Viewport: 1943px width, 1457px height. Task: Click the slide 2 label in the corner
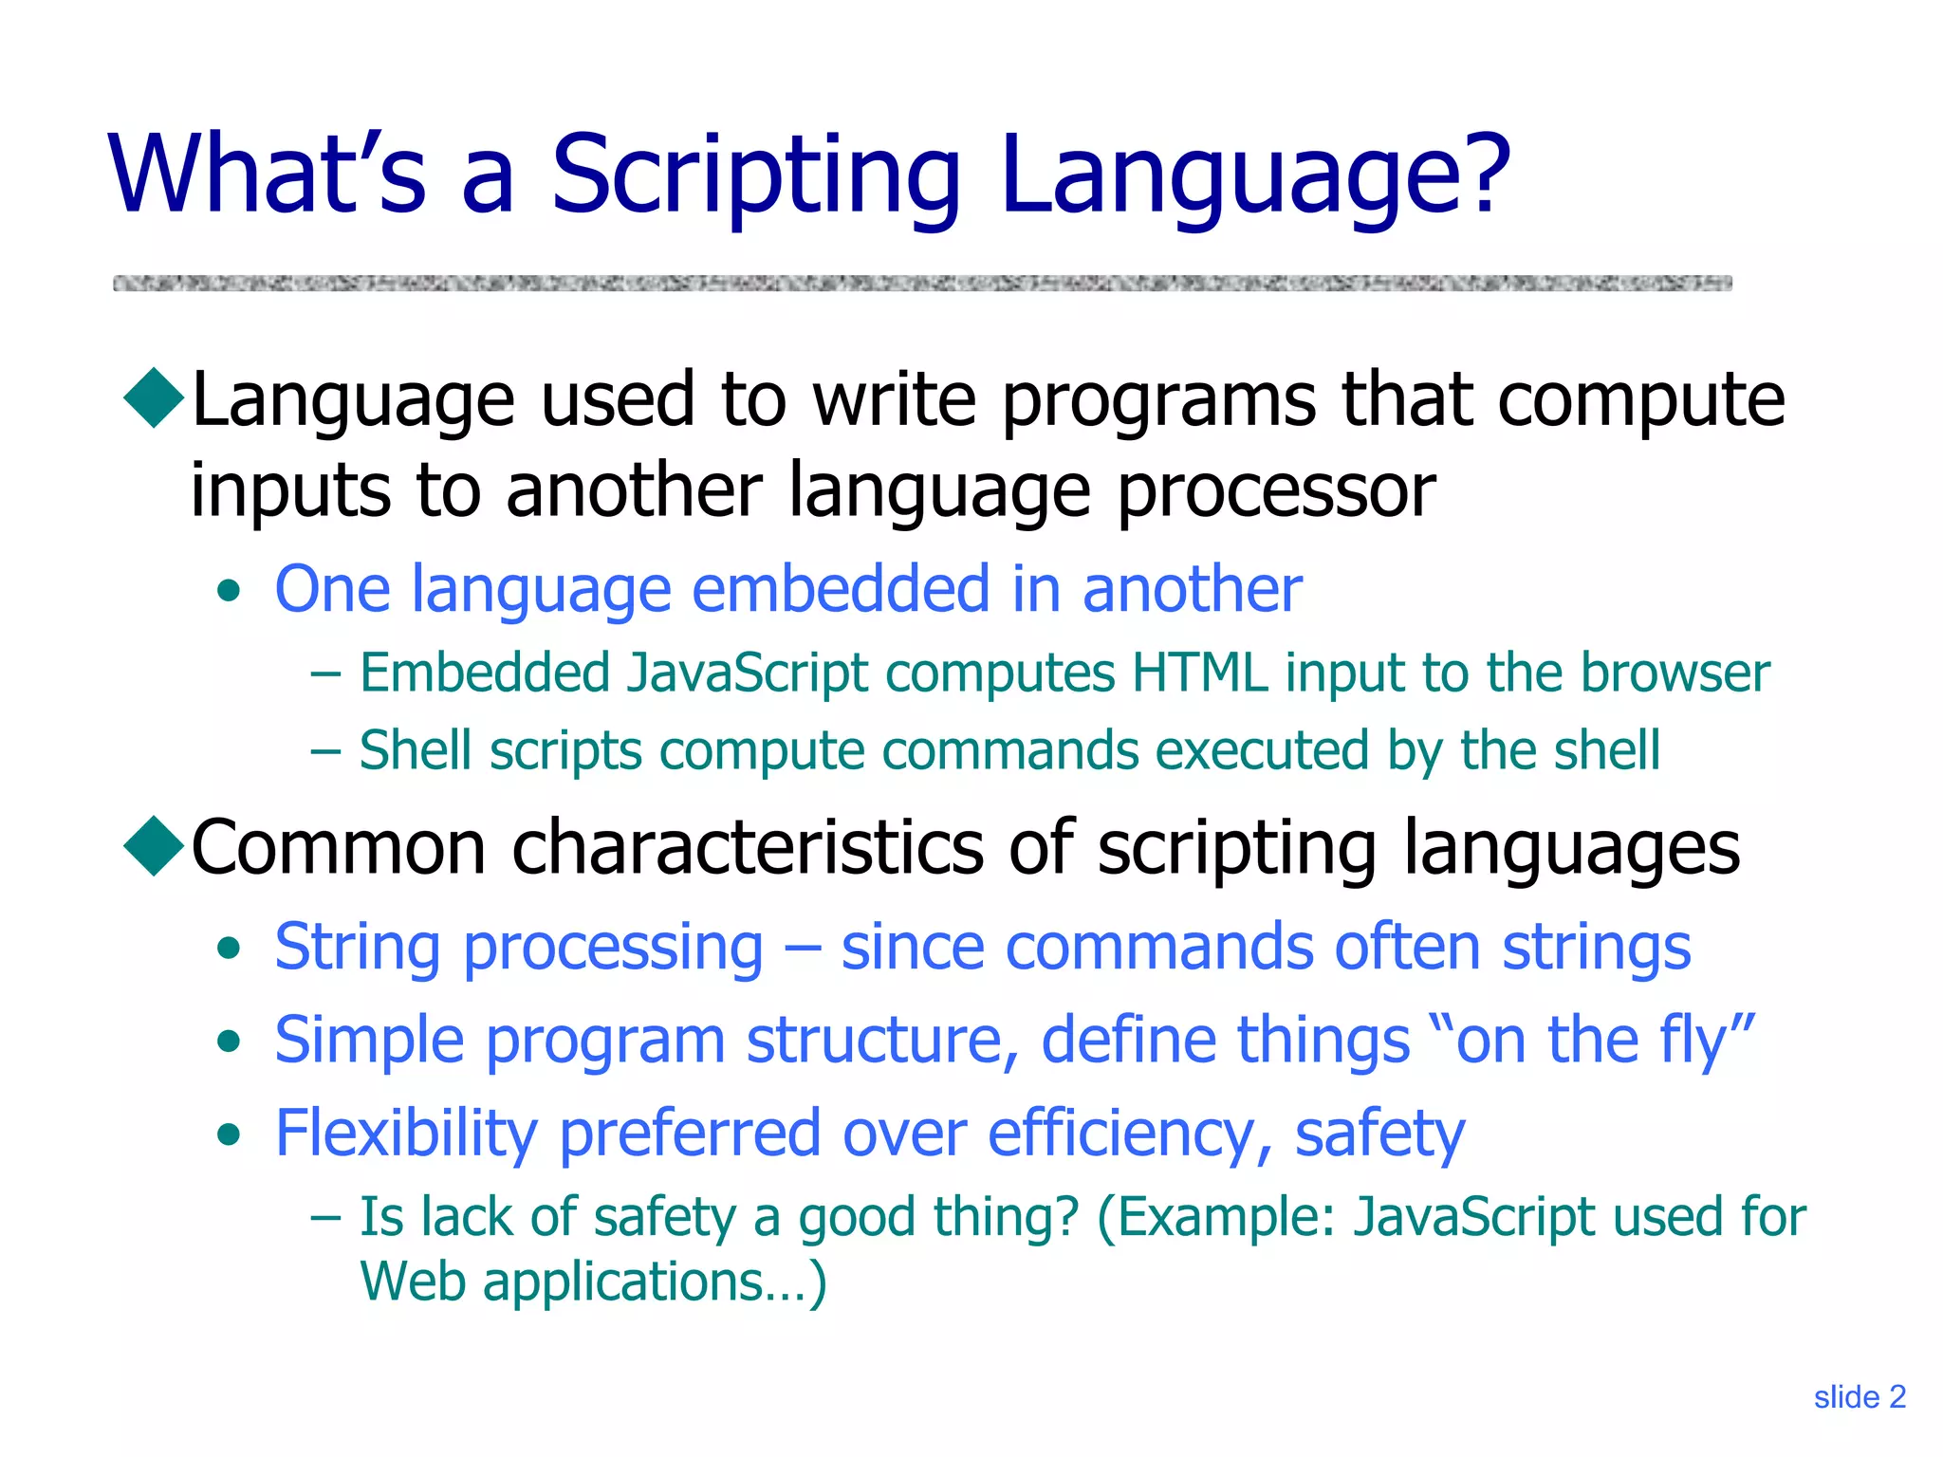pyautogui.click(x=1859, y=1397)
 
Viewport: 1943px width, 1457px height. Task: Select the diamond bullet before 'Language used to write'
pyautogui.click(x=154, y=398)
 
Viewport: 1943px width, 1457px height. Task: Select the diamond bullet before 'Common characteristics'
pyautogui.click(x=154, y=845)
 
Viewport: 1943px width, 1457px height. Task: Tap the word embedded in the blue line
pyautogui.click(x=841, y=589)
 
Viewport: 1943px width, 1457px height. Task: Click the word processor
pyautogui.click(x=1276, y=493)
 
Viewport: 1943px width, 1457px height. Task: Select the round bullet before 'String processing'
pyautogui.click(x=229, y=948)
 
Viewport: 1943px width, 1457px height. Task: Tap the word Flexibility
pyautogui.click(x=405, y=1134)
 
